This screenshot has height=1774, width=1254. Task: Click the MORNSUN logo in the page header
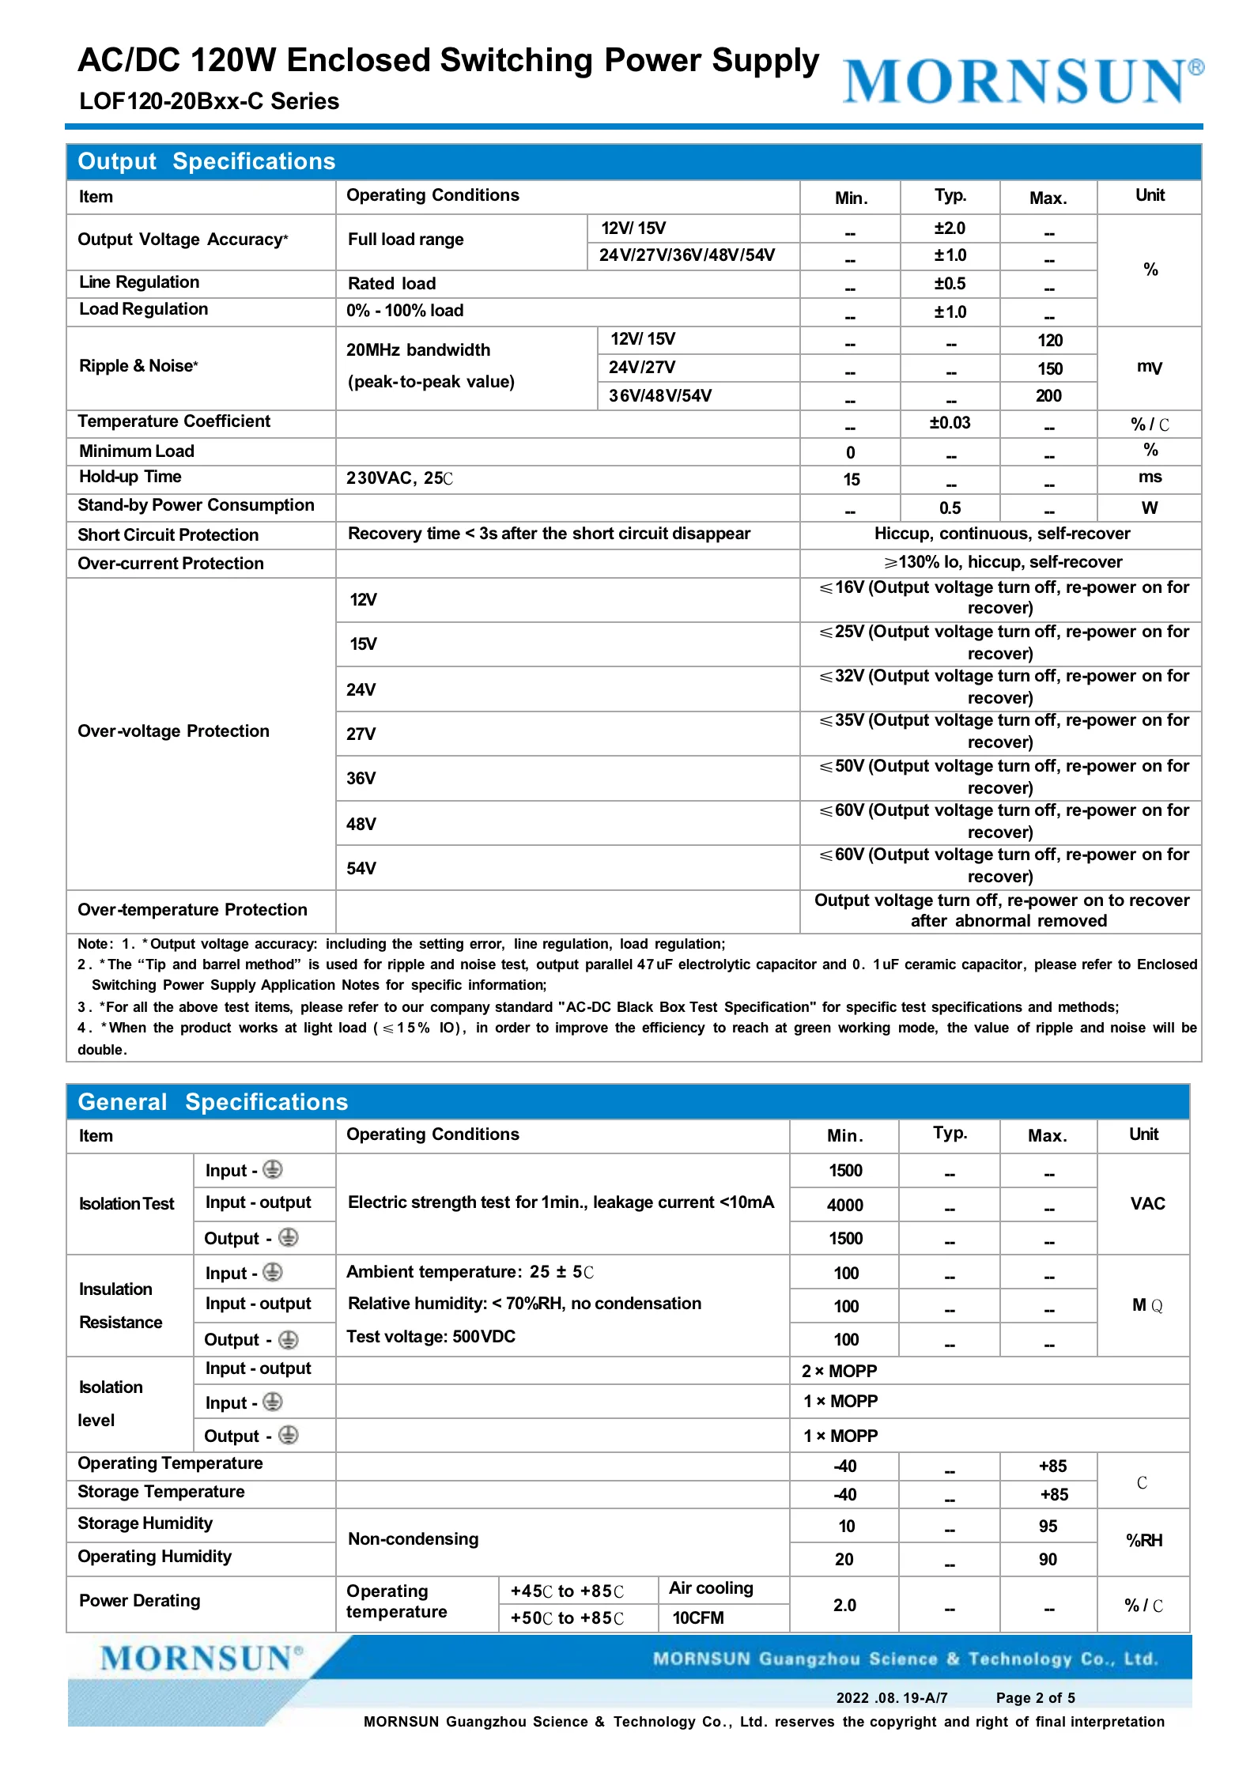tap(1022, 81)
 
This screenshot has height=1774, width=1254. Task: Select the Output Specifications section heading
tap(206, 161)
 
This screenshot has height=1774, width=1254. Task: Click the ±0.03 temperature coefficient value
tap(950, 423)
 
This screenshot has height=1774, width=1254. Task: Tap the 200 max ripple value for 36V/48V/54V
tap(1048, 396)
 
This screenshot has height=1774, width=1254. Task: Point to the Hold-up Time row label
tap(130, 477)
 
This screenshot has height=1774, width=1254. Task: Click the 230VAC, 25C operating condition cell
tap(399, 478)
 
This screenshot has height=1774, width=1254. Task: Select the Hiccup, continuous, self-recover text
tap(1001, 534)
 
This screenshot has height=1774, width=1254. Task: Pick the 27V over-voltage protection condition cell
tap(361, 734)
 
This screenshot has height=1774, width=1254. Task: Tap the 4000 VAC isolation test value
tap(844, 1205)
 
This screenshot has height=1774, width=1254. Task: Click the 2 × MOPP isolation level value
tap(839, 1371)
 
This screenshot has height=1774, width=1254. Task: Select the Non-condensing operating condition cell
tap(414, 1538)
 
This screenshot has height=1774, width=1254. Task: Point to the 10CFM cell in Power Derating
tap(698, 1617)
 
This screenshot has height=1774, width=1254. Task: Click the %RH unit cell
tap(1143, 1540)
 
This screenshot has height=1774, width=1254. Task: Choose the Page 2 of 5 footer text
tap(1035, 1697)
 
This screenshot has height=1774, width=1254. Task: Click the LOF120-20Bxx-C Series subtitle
tap(209, 101)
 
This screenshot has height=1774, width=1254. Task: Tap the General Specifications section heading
tap(213, 1102)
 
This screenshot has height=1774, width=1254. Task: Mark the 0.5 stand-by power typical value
tap(950, 508)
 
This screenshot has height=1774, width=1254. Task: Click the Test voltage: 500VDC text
tap(431, 1336)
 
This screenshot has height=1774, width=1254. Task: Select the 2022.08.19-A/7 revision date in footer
tap(891, 1697)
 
